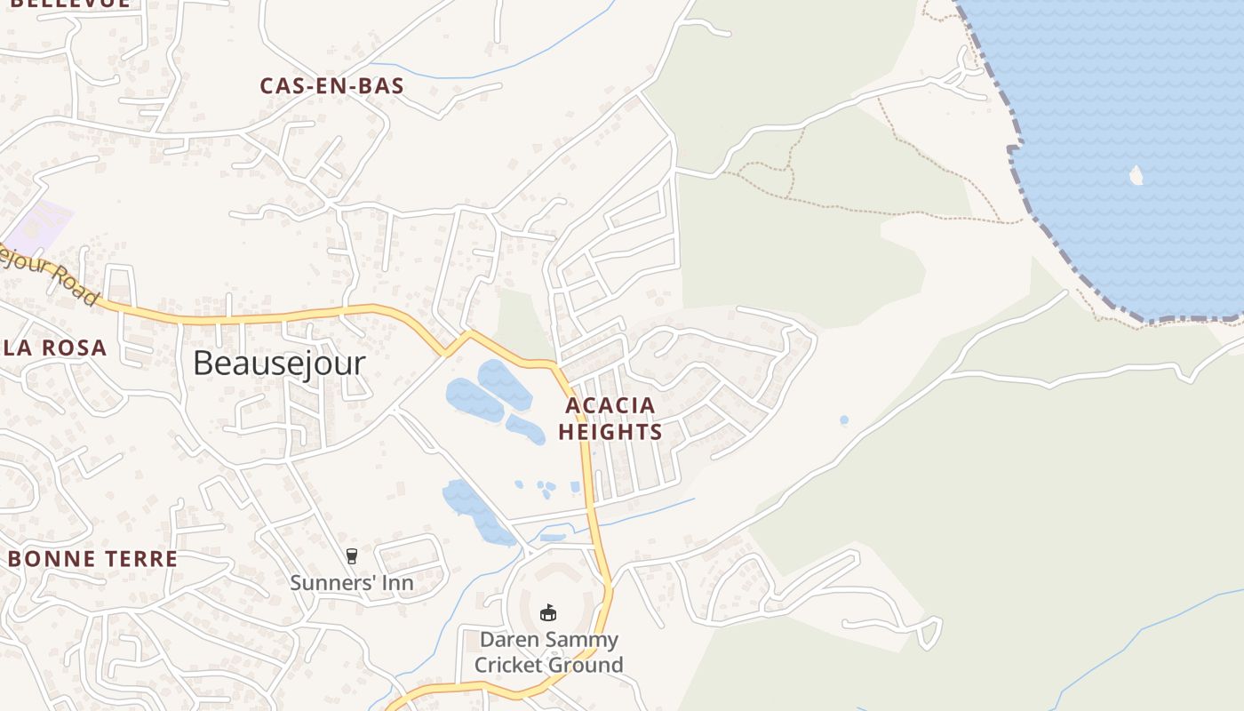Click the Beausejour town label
pos(279,363)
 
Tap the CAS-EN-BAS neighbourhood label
pos(331,86)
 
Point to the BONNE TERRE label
pos(93,559)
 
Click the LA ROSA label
pos(55,348)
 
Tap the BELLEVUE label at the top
pos(71,4)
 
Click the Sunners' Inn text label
pos(352,583)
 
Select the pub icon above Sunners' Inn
pos(352,556)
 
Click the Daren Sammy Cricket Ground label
pos(548,652)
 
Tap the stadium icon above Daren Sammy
pos(548,613)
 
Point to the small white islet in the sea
pos(1136,175)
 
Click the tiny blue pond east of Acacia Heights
pos(843,419)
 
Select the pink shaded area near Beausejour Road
pos(40,222)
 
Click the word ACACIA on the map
pos(610,405)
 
